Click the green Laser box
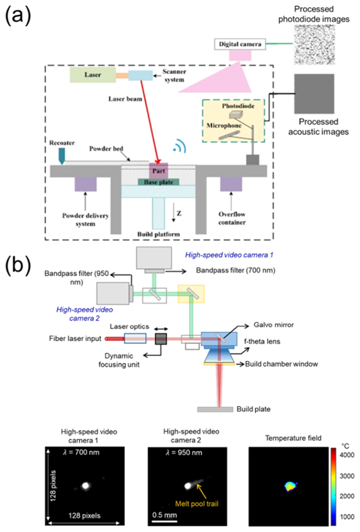[92, 75]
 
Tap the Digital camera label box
[240, 44]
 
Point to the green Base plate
[159, 182]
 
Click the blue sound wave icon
[179, 146]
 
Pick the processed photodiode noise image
[314, 45]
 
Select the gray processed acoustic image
[314, 93]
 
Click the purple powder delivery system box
[85, 184]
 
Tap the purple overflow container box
[231, 184]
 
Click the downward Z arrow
[173, 215]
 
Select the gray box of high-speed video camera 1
[154, 257]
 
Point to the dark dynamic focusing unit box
[160, 338]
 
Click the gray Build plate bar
[215, 409]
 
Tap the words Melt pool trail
[196, 504]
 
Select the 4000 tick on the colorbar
[347, 455]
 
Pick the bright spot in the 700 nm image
[85, 486]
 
